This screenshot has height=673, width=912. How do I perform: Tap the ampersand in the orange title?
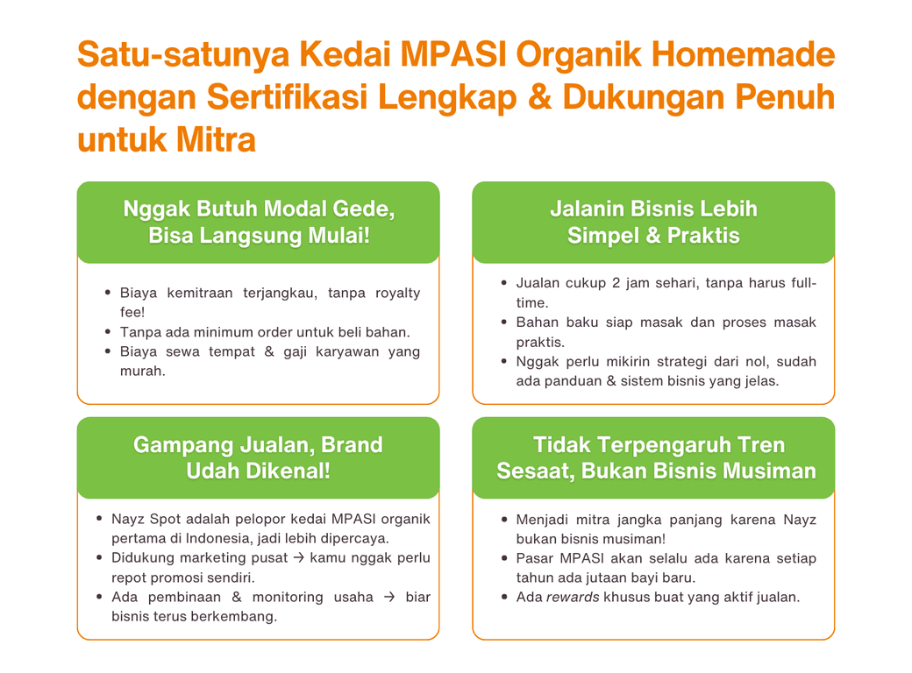(540, 96)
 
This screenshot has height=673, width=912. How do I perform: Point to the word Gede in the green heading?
(367, 209)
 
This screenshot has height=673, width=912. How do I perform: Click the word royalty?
(398, 294)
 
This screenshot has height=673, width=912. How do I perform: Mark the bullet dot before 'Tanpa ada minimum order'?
(108, 332)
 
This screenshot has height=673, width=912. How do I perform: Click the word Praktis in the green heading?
(703, 236)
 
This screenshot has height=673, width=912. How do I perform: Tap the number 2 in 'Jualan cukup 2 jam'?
(616, 283)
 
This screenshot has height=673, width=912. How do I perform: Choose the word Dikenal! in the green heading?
(289, 471)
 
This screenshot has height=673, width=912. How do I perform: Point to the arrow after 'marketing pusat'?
(298, 558)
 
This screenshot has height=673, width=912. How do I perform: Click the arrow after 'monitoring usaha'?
(389, 597)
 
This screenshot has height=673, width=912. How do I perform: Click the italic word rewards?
(573, 598)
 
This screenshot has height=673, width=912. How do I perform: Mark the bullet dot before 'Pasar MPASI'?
(504, 558)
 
